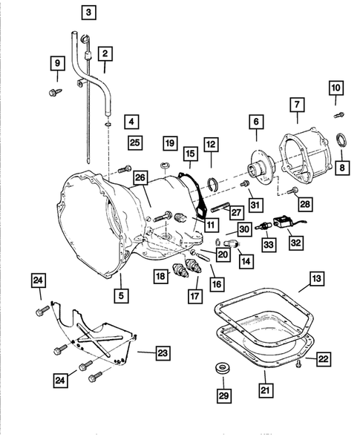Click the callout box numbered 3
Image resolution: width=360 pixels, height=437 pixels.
tap(89, 13)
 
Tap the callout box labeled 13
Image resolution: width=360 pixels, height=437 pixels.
tap(316, 279)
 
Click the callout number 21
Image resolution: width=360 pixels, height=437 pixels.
tap(265, 387)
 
